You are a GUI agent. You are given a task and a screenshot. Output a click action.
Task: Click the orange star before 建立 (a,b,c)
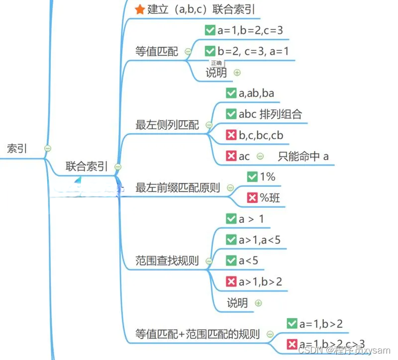(140, 9)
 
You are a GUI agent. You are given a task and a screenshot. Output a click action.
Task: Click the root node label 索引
(17, 148)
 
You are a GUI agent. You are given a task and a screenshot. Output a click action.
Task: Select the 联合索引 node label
(86, 167)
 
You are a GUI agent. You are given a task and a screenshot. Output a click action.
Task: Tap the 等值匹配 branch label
(157, 51)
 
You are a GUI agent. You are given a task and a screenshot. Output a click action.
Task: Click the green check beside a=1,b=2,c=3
(210, 30)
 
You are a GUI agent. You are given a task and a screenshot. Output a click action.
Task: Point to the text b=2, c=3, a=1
(253, 51)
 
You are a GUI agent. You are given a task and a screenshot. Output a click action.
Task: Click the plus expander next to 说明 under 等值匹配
(237, 73)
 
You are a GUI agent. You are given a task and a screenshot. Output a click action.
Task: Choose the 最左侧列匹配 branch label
(167, 125)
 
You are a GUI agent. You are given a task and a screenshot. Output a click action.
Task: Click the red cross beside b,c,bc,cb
(231, 135)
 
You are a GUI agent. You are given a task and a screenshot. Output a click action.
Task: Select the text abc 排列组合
(270, 114)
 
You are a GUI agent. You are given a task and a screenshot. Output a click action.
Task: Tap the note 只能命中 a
(303, 156)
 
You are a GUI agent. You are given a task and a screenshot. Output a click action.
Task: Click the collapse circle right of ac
(260, 156)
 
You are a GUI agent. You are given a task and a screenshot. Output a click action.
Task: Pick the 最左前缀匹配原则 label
(178, 188)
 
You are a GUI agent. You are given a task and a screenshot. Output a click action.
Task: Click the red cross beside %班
(252, 198)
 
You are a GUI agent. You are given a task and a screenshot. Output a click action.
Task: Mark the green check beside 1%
(252, 177)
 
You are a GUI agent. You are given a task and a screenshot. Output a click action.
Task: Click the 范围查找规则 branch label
(167, 261)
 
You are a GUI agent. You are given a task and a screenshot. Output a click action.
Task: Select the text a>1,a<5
(259, 240)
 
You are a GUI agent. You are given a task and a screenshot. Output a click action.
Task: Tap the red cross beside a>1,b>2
(231, 281)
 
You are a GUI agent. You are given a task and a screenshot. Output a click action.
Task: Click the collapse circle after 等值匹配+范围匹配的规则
(270, 334)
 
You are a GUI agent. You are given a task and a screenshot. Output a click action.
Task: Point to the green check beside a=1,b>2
(292, 324)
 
